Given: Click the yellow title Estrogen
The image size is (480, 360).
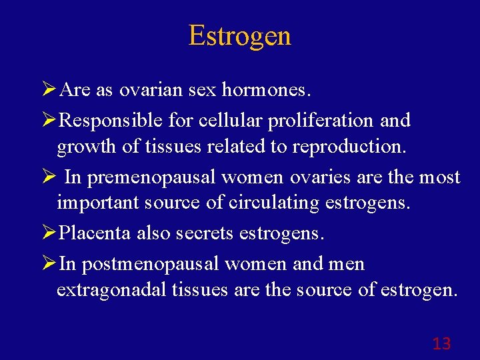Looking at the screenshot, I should pos(239,36).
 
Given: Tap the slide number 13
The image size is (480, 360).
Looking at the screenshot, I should pos(441,344).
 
